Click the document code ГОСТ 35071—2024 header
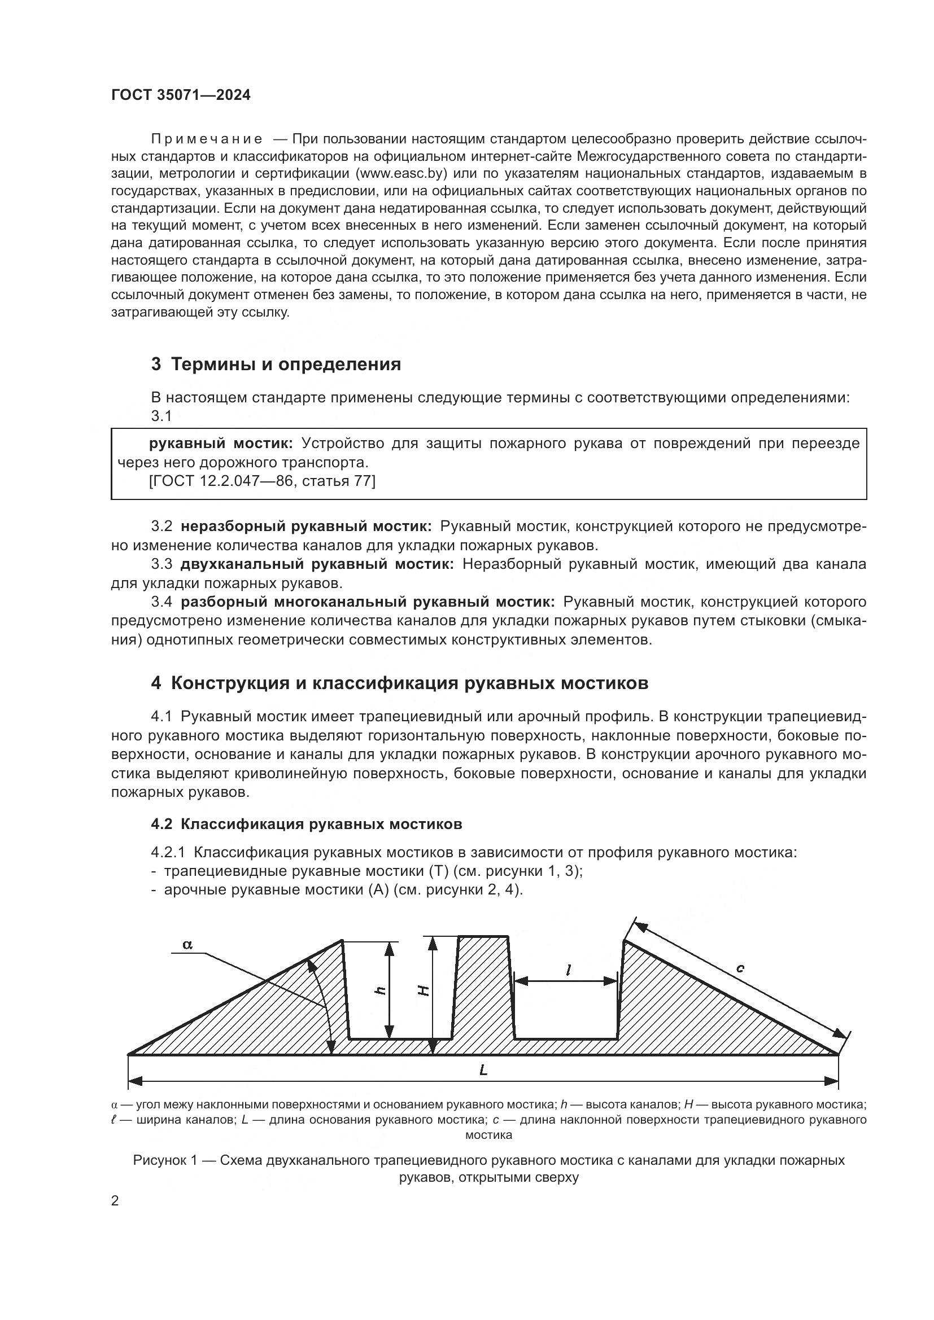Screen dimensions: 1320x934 pos(181,95)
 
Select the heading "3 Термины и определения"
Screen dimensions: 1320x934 pos(276,365)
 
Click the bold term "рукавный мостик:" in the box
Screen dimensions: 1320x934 pos(221,443)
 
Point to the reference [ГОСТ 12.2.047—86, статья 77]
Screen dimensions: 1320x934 pos(262,481)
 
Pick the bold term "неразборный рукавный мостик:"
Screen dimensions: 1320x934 pos(305,526)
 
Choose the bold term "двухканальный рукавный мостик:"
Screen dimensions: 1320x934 pos(317,564)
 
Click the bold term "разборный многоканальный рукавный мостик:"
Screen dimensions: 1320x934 pos(368,602)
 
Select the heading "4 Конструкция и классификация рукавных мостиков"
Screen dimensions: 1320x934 pos(400,683)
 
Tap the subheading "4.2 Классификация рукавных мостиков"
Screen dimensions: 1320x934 pos(307,824)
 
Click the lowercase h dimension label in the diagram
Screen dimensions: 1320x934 pos(379,990)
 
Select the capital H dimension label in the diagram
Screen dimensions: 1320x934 pos(423,990)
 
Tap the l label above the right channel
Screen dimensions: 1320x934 pos(568,971)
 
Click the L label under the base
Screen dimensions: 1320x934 pos(483,1070)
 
